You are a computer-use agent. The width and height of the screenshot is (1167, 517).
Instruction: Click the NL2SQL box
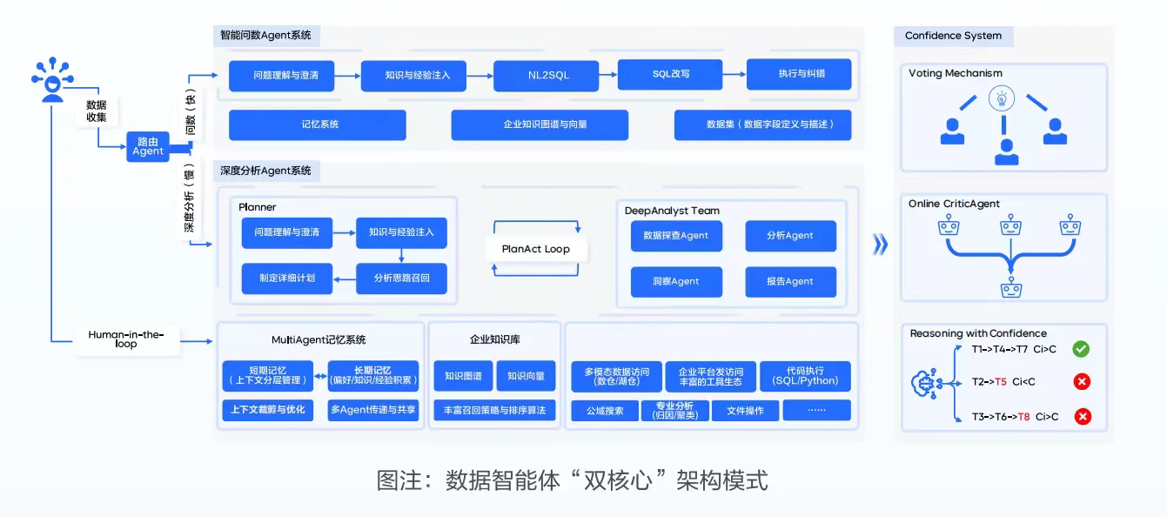point(547,76)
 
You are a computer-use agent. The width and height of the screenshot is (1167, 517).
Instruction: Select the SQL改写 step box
point(670,74)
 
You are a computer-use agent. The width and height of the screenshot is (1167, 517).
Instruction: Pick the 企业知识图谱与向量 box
point(540,124)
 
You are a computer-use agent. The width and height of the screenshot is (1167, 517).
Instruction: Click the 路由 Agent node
point(148,146)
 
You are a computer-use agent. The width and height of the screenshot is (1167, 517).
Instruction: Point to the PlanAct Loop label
point(536,249)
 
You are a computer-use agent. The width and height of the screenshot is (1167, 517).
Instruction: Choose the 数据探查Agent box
point(676,235)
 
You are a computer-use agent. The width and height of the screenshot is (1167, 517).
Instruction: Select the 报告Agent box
point(790,281)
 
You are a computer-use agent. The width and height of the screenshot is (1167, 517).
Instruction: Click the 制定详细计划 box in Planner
point(286,279)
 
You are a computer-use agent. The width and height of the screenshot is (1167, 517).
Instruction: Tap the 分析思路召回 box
point(401,279)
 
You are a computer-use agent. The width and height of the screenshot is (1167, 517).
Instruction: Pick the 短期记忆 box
point(268,375)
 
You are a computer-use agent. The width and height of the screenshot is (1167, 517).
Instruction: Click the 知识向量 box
point(525,376)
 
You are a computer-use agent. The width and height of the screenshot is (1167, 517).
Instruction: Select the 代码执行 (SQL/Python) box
point(805,376)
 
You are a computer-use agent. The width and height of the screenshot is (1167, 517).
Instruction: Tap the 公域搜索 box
point(604,411)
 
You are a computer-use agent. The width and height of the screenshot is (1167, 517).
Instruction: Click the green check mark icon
point(1082,349)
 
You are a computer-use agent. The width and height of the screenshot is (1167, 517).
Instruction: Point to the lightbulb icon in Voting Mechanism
point(1002,98)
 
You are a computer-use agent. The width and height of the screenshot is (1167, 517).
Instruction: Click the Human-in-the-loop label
point(126,339)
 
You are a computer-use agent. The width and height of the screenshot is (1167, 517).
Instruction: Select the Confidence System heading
point(953,36)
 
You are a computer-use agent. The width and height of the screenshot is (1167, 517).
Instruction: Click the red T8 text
point(1023,417)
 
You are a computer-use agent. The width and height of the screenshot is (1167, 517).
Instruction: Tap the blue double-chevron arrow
point(880,245)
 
